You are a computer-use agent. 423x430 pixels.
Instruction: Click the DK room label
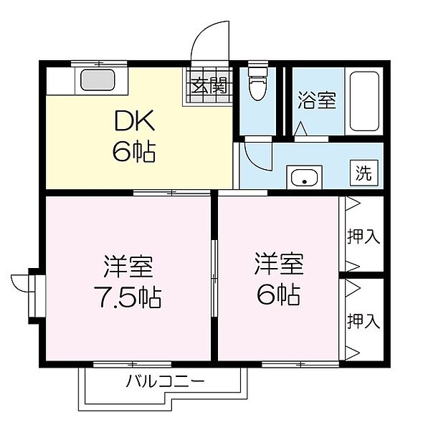133,122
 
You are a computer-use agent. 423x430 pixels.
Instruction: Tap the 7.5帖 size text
130,296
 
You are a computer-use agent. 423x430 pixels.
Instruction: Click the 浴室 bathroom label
316,101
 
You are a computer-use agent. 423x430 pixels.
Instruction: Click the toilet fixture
256,87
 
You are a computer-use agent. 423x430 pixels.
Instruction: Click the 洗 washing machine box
364,173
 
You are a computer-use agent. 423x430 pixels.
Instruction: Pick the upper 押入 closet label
363,236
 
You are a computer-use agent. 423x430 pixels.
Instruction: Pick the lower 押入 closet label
363,320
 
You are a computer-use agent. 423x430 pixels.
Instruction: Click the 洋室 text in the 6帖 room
278,265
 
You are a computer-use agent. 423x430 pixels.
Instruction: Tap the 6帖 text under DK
133,152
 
